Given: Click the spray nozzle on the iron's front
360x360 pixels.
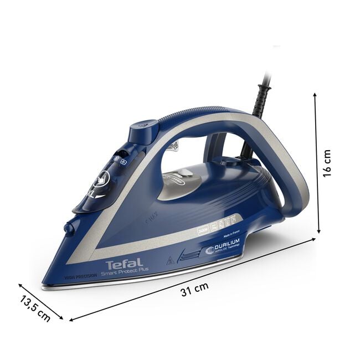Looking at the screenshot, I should [69, 228].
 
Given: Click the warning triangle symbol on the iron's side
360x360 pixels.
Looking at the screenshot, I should [170, 259].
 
